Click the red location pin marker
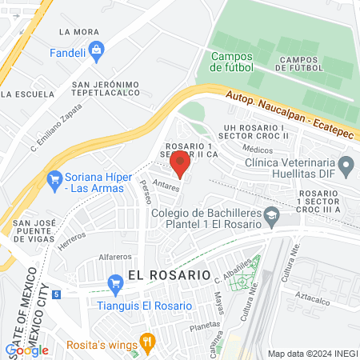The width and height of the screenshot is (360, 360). tap(180, 162)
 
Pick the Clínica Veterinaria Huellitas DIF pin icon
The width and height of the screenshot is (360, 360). tap(346, 166)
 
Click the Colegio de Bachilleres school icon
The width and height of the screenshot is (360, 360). tap(272, 216)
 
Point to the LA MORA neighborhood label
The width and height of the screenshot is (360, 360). tap(78, 32)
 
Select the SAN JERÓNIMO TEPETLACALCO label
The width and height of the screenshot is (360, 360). tap(106, 90)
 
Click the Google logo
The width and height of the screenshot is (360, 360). tap(26, 350)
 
